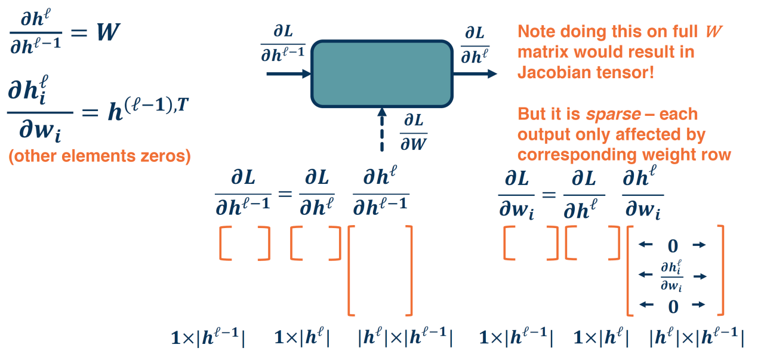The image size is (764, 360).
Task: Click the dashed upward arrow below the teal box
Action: pos(382,131)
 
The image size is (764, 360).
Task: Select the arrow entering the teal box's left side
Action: pos(288,73)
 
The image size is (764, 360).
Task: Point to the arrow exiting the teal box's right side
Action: pos(475,73)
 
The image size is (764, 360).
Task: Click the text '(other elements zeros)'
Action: pos(99,157)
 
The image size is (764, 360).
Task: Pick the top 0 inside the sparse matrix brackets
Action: pos(673,245)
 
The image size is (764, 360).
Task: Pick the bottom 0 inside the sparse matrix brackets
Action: pos(673,307)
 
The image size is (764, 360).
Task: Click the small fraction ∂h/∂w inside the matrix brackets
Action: pos(673,276)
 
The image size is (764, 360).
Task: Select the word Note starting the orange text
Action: pos(537,32)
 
